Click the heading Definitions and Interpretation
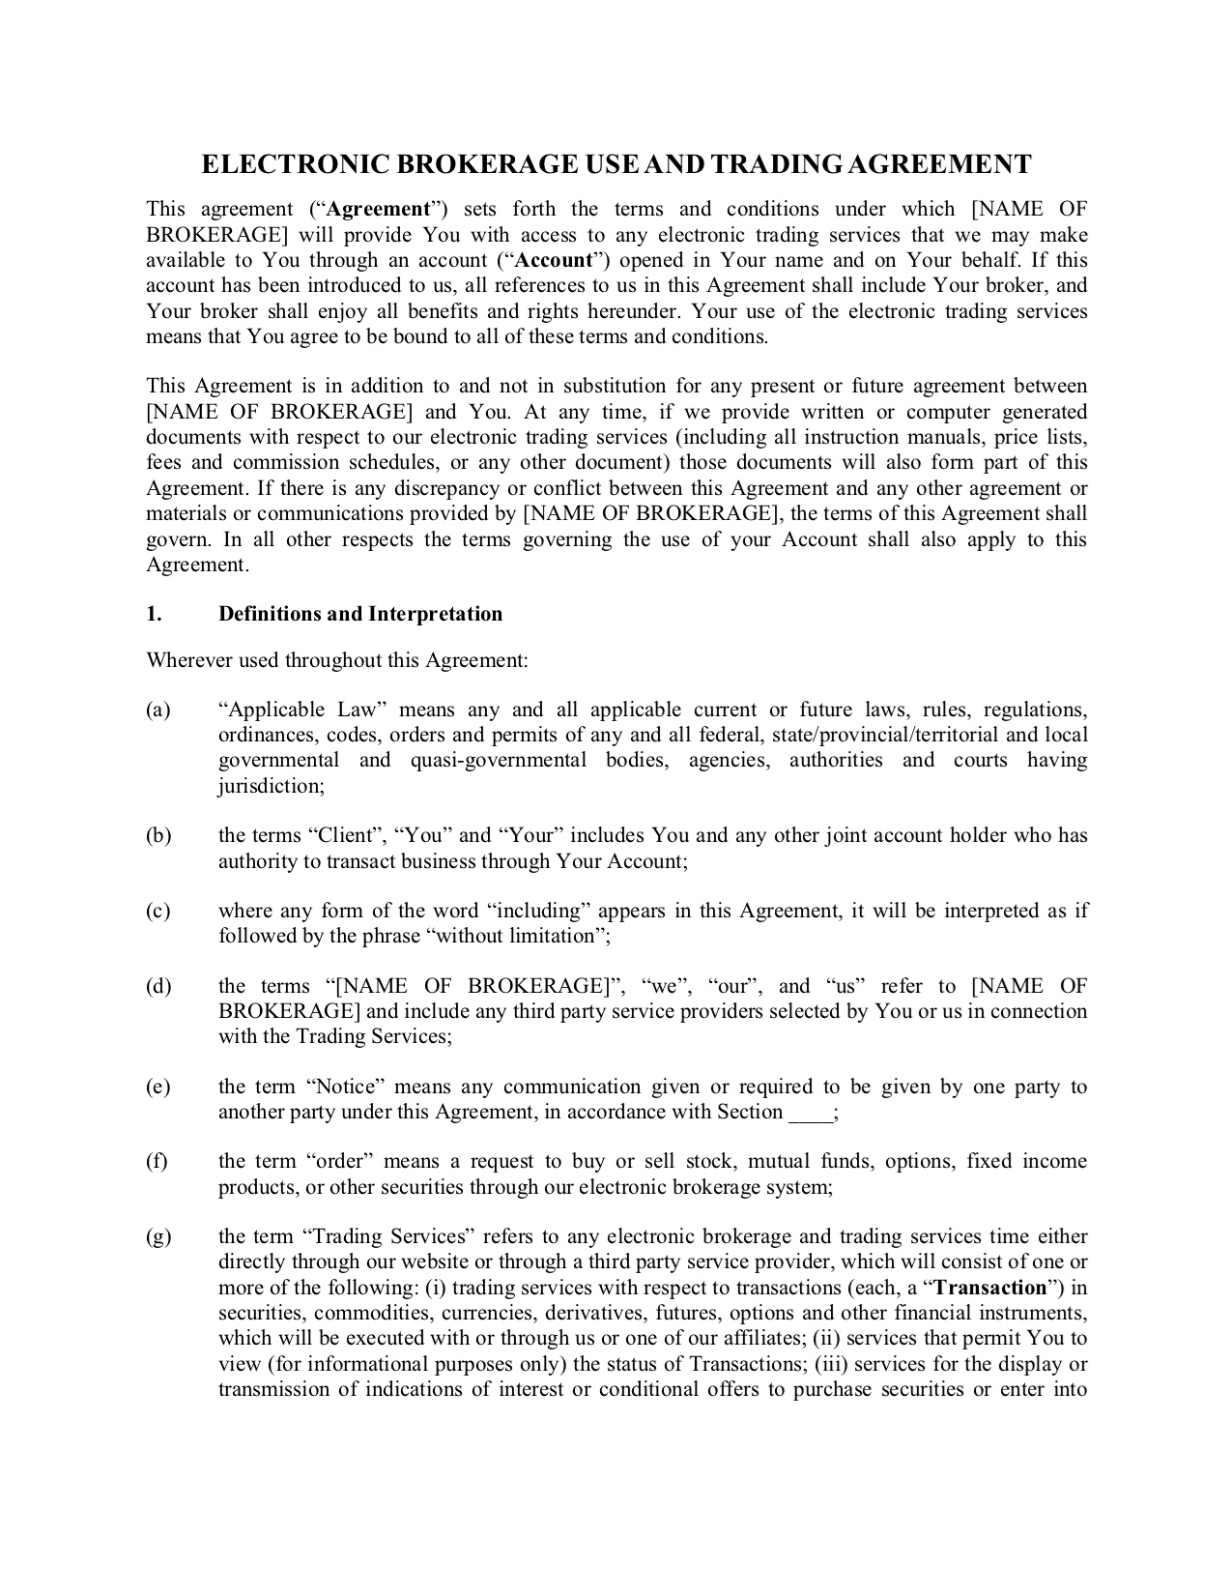tap(360, 615)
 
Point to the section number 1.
tap(153, 615)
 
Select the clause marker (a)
tap(158, 710)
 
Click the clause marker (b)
tap(158, 836)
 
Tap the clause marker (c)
tap(158, 912)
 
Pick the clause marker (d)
tap(158, 987)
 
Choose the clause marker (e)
tap(158, 1087)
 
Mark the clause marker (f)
tap(157, 1162)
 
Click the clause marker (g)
tap(158, 1237)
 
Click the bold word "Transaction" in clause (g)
tap(991, 1289)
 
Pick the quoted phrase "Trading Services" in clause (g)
tap(387, 1237)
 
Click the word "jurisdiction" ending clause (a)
tap(270, 787)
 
